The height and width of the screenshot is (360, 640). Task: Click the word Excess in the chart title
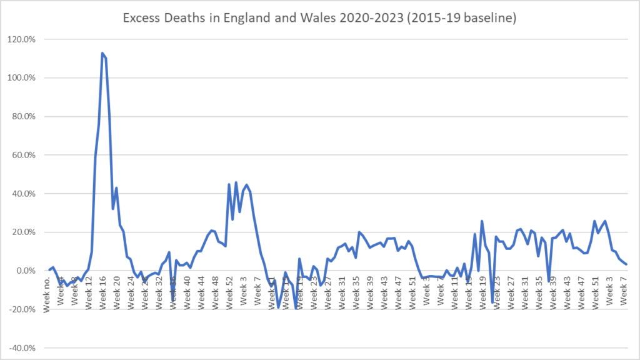click(141, 19)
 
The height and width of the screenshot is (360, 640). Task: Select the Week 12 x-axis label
click(90, 290)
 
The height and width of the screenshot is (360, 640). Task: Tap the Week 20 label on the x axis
click(118, 290)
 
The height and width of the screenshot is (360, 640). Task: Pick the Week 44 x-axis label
click(202, 290)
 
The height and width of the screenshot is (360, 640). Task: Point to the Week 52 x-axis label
click(230, 290)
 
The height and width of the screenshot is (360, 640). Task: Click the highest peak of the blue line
click(102, 53)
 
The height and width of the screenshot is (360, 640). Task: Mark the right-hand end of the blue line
click(626, 264)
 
